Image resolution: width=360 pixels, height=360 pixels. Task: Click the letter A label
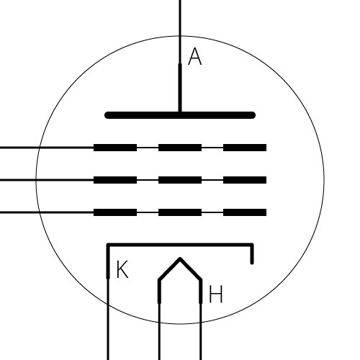coord(195,56)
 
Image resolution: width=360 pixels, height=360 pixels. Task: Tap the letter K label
coord(122,269)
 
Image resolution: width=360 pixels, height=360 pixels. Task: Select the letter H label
coord(216,294)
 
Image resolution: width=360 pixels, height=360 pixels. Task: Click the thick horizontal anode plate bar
coord(180,115)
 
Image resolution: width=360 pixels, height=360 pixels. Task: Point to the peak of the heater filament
coord(180,258)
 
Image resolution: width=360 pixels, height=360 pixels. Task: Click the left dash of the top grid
coord(115,148)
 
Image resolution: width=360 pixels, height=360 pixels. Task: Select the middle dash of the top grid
coord(180,148)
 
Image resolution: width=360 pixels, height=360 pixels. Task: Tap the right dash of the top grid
coord(245,148)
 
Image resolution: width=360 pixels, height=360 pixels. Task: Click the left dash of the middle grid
coord(115,180)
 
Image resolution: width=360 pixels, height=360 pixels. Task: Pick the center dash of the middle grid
coord(180,180)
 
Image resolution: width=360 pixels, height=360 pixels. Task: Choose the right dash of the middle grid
coord(245,180)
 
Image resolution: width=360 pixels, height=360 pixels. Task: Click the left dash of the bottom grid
coord(115,212)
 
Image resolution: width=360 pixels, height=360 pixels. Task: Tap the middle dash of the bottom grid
coord(180,212)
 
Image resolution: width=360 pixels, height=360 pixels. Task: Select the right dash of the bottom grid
coord(245,212)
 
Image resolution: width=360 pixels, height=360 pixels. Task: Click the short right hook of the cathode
coord(252,254)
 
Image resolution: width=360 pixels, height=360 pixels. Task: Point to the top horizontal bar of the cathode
coord(180,245)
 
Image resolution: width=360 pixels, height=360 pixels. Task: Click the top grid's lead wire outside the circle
coord(19,148)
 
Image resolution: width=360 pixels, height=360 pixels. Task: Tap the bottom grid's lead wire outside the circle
coord(19,212)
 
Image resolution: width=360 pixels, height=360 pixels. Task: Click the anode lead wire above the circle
coord(180,18)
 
